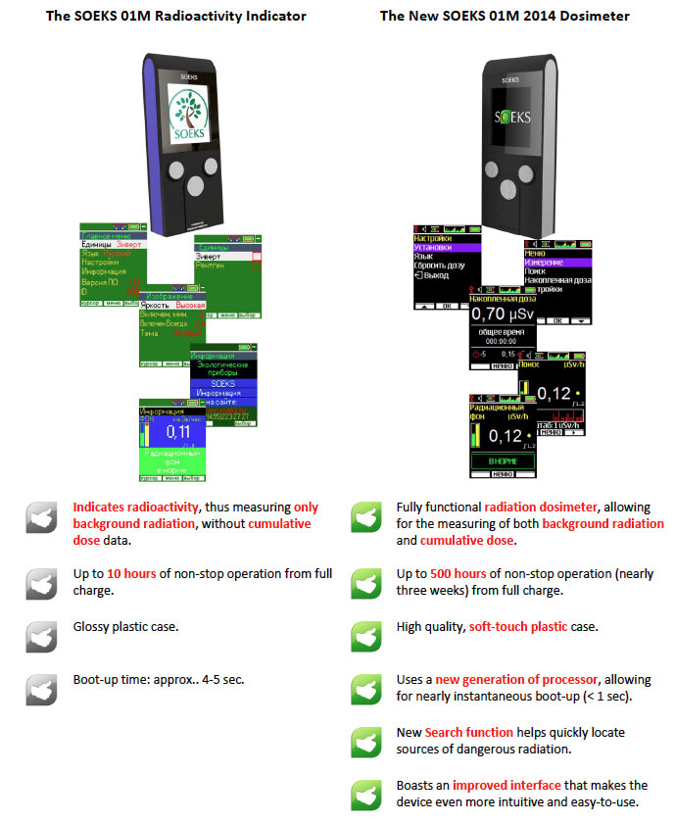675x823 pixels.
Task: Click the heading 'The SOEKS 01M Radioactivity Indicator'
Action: (176, 16)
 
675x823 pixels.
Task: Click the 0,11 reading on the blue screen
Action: (177, 430)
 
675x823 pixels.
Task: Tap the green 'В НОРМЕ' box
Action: (502, 460)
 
